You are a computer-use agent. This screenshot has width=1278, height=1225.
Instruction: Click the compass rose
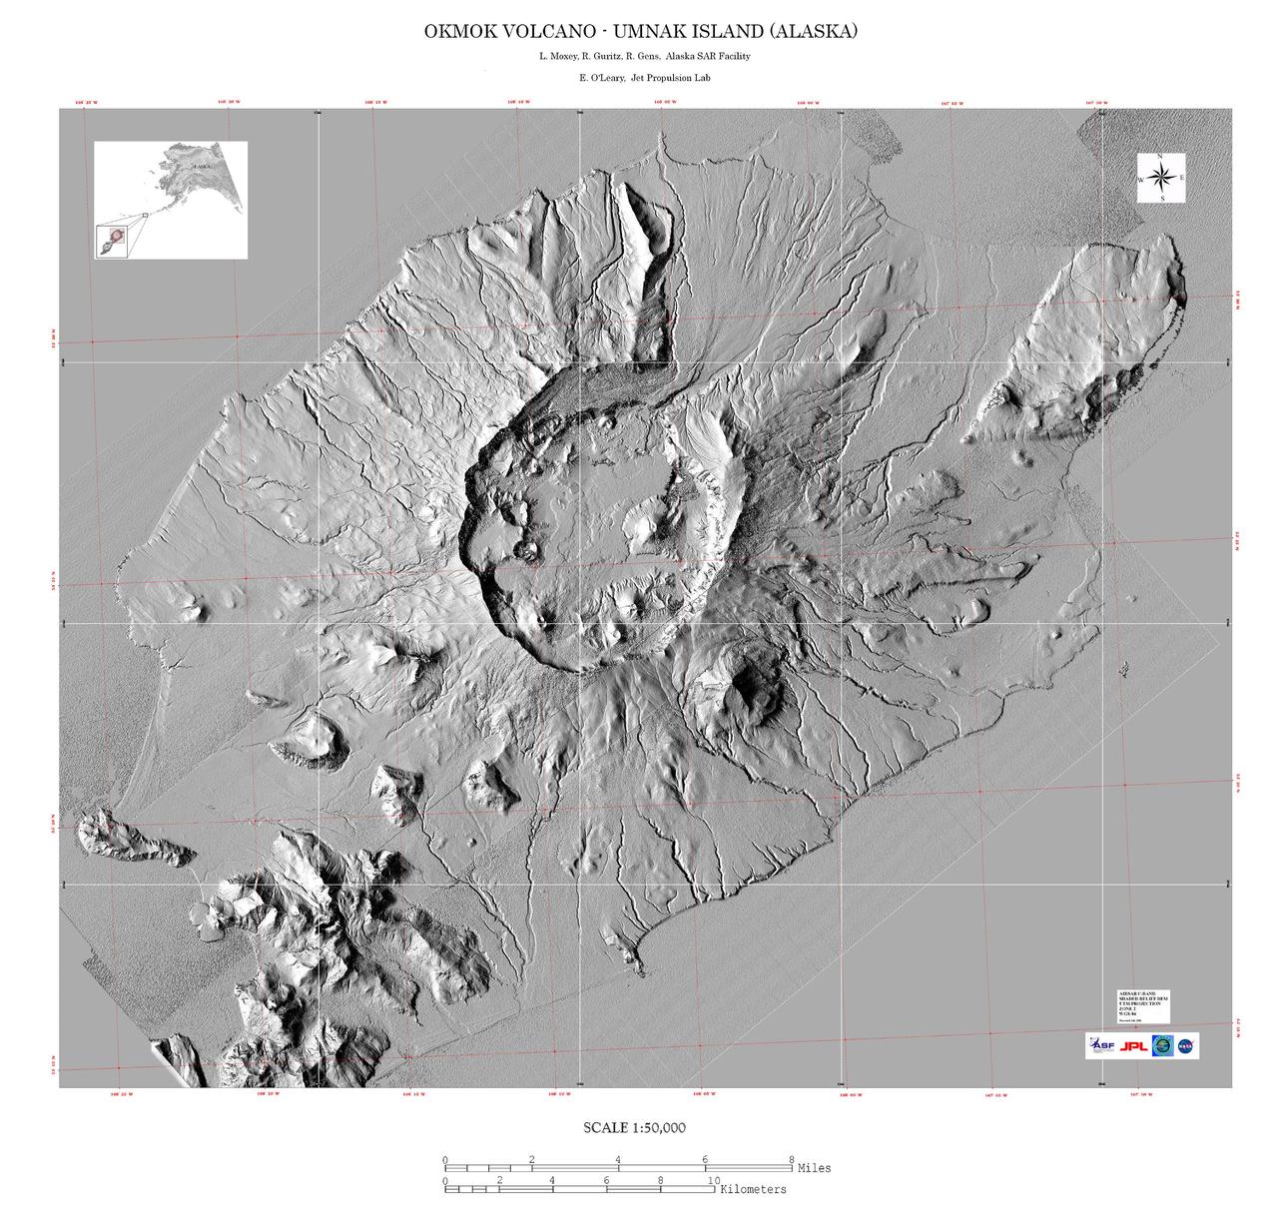tap(1161, 178)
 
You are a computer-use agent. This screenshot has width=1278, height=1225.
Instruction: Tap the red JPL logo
tap(1133, 1046)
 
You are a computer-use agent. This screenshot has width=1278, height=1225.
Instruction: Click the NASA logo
tap(1187, 1046)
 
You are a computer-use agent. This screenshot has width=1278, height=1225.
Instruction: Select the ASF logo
tap(1100, 1046)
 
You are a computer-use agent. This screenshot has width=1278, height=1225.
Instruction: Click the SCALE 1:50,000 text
tap(634, 1128)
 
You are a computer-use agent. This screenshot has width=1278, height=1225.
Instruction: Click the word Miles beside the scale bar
tap(814, 1167)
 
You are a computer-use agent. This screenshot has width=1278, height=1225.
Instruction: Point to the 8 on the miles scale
tap(792, 1159)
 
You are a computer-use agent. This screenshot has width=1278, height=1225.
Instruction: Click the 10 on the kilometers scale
tap(713, 1180)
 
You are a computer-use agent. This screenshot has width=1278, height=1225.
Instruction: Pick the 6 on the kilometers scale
tap(606, 1180)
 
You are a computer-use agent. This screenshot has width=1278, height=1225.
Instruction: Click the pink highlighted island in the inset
tap(117, 238)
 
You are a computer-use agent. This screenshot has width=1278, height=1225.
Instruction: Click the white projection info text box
tap(1142, 1006)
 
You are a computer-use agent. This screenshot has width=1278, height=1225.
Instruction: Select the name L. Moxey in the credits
tap(557, 56)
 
